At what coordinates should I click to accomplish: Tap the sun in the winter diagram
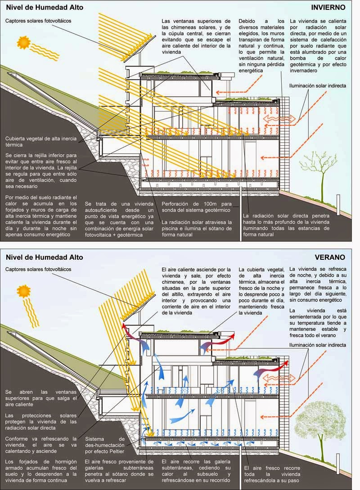click(x=24, y=42)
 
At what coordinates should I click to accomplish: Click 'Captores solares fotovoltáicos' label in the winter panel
click(x=38, y=21)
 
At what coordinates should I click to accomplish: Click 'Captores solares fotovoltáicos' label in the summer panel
click(x=38, y=269)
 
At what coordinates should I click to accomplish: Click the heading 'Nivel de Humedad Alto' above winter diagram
click(x=40, y=7)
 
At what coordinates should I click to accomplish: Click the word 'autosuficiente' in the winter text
click(x=105, y=209)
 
